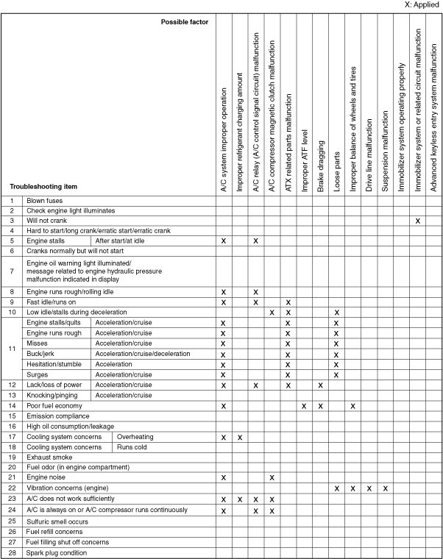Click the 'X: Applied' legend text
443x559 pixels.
[x=422, y=5]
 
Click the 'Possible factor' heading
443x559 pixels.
[x=185, y=22]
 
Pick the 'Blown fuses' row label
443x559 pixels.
[x=45, y=200]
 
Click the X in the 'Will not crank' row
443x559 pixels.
[x=417, y=221]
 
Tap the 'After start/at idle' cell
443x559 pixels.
[x=122, y=241]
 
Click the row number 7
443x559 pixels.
[x=12, y=271]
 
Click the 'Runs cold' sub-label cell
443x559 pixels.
[x=132, y=446]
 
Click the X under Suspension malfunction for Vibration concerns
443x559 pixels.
[x=385, y=488]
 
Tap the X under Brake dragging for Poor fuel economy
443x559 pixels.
[x=320, y=405]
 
